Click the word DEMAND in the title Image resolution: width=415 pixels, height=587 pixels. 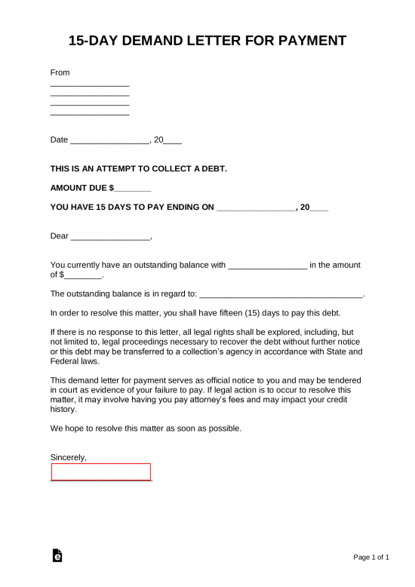(153, 41)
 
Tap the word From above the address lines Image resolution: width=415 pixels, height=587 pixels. (60, 72)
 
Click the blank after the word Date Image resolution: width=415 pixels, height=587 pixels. (110, 141)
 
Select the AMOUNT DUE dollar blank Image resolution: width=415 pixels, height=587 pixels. (134, 188)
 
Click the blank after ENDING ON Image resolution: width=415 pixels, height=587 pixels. (256, 207)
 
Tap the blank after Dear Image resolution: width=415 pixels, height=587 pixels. (111, 237)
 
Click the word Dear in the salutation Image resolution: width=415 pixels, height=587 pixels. (59, 236)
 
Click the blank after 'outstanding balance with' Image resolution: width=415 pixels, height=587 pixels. (267, 266)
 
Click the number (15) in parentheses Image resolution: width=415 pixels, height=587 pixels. (243, 312)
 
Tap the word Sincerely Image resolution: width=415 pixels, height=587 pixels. (68, 457)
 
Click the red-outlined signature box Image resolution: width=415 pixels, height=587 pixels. (101, 472)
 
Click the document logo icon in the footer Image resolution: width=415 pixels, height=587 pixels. (57, 555)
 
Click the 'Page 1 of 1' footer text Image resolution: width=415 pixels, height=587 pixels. (371, 558)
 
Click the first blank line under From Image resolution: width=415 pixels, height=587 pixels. (90, 87)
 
